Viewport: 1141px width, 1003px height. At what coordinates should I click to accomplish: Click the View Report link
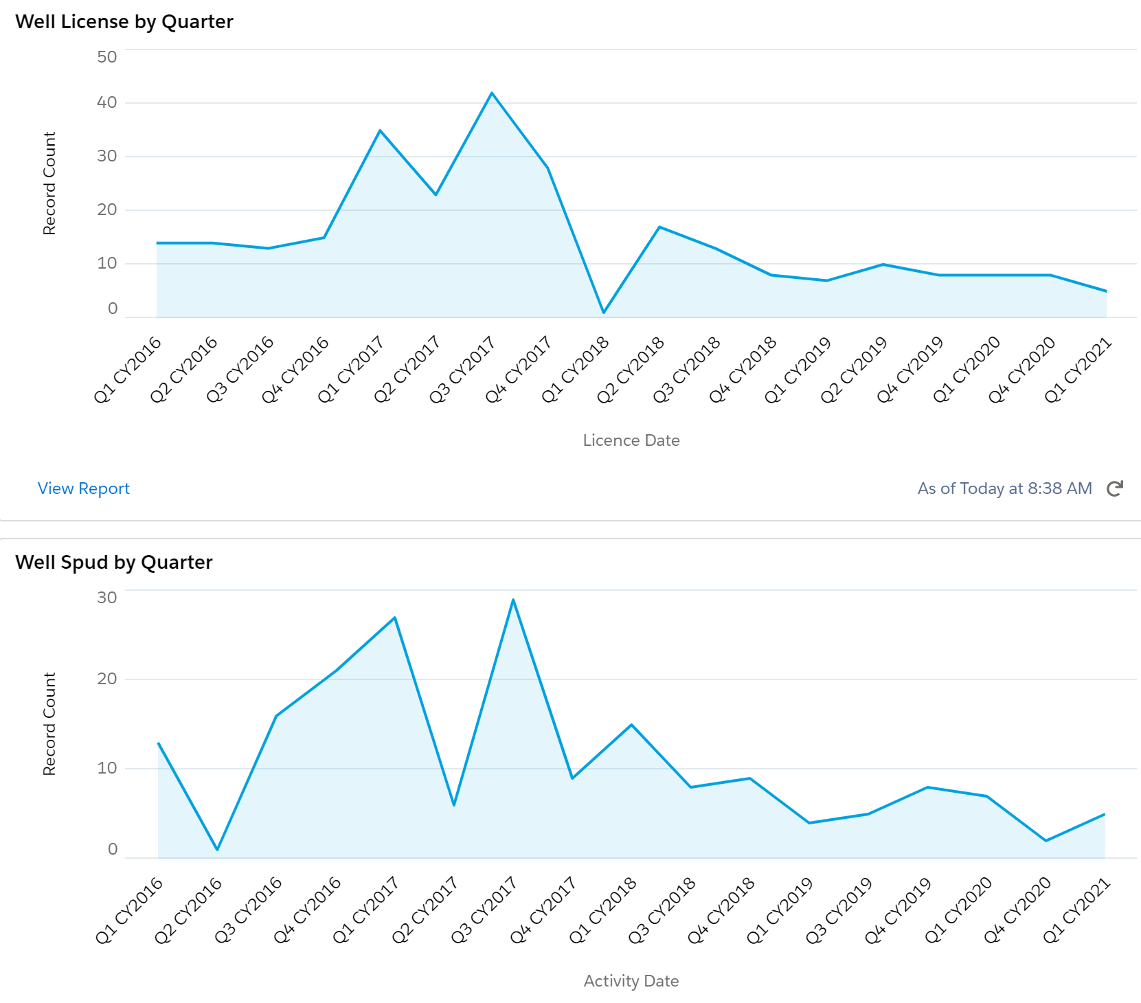[x=83, y=488]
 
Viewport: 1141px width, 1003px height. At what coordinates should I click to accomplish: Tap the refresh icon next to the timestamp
[x=1115, y=488]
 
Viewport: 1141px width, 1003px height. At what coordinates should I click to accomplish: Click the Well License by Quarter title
[x=124, y=22]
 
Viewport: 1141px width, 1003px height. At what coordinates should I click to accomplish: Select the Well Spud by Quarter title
[x=114, y=563]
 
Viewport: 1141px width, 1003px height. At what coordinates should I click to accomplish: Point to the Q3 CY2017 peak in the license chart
[x=492, y=93]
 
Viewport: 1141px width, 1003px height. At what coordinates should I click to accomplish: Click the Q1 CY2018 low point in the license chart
[x=604, y=313]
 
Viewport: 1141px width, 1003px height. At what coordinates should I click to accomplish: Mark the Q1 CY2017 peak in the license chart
[x=380, y=131]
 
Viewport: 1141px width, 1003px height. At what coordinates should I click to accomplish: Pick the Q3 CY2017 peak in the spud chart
[x=513, y=600]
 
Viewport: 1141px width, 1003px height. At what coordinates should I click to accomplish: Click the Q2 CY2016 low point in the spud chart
[x=217, y=850]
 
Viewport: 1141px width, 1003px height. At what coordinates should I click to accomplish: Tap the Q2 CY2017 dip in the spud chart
[x=454, y=805]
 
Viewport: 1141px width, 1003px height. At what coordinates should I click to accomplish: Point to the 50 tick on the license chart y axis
[x=107, y=57]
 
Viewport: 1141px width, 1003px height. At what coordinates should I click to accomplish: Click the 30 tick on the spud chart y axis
[x=107, y=598]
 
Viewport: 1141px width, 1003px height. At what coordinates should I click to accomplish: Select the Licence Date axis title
[x=631, y=440]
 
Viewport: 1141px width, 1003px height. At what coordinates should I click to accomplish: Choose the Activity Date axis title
[x=631, y=981]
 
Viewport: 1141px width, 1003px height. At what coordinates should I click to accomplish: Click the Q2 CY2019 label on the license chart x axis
[x=854, y=370]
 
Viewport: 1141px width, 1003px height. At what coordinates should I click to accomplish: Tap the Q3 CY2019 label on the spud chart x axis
[x=839, y=910]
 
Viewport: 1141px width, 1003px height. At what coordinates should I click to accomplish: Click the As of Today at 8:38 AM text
[x=1004, y=488]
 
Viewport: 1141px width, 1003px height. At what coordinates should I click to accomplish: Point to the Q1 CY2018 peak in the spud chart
[x=631, y=725]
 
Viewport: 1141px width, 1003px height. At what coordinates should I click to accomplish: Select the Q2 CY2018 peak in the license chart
[x=659, y=227]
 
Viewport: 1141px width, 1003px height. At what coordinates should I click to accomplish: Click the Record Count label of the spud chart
[x=49, y=724]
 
